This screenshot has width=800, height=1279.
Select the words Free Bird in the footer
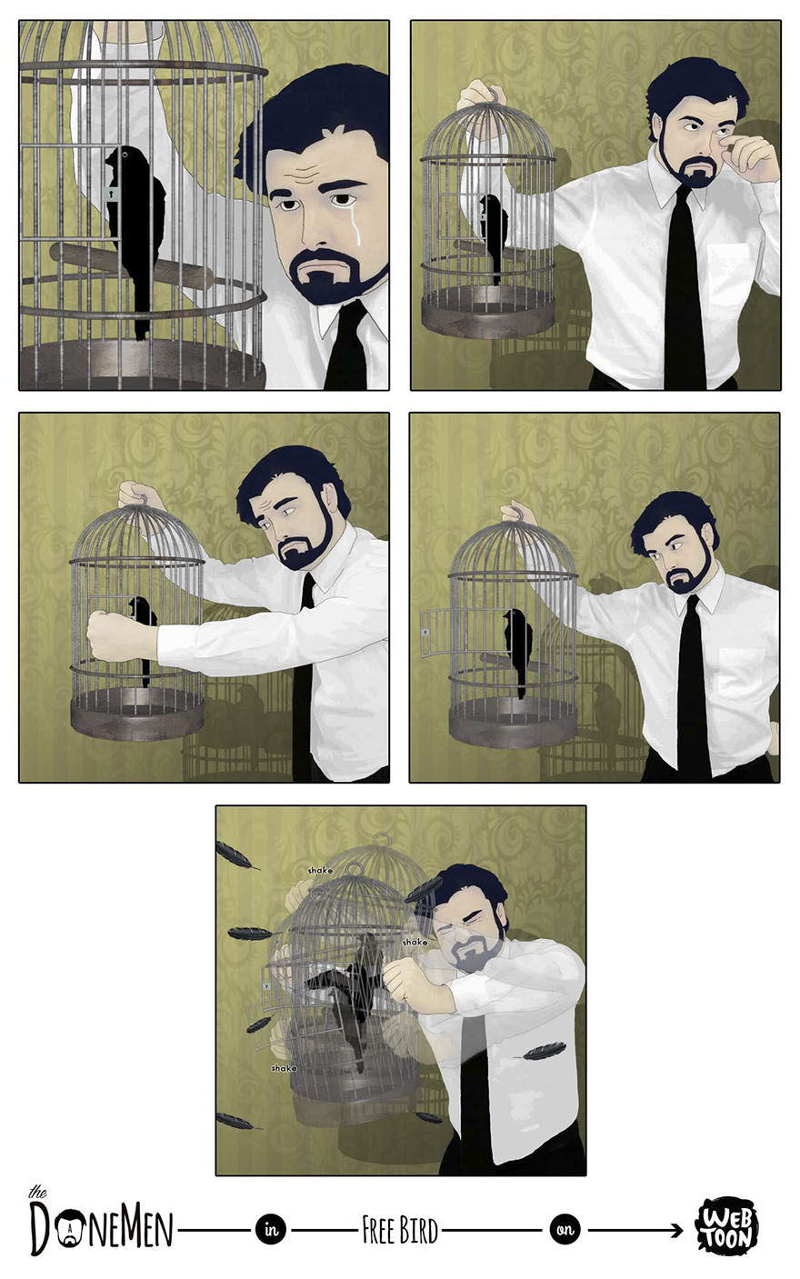point(400,1231)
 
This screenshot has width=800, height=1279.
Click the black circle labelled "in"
point(271,1230)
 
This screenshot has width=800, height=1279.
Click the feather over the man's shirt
point(544,1051)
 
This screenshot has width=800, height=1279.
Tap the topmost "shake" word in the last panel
point(320,870)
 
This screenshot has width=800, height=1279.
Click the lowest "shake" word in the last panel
point(284,1068)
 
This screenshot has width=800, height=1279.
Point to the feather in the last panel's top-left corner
point(235,854)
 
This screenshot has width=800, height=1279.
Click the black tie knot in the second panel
point(683,195)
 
